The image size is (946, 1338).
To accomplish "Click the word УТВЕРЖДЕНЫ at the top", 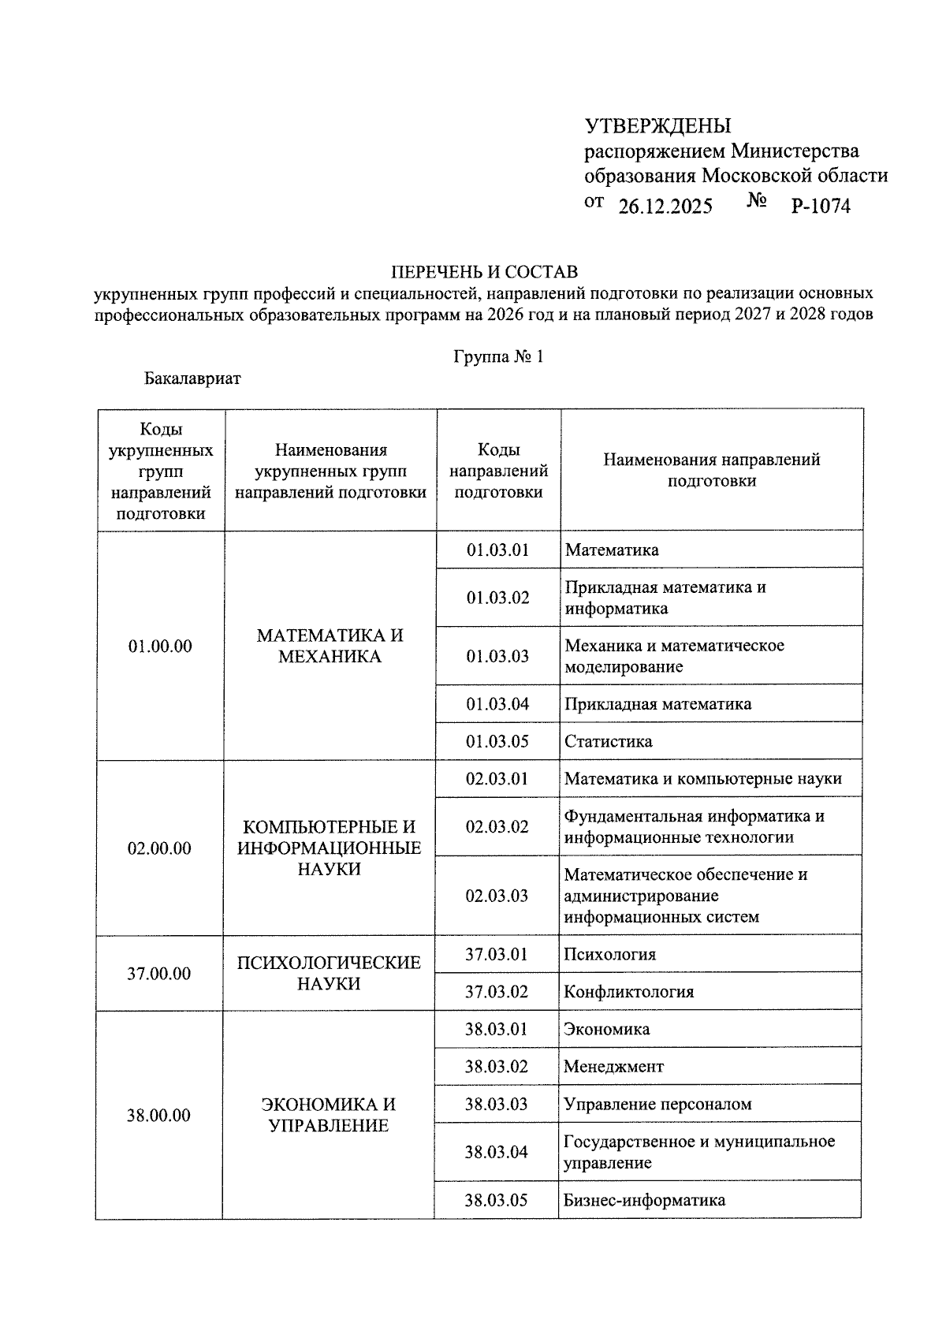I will pos(657,126).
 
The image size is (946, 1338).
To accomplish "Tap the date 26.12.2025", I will pos(665,207).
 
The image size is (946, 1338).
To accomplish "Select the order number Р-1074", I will pos(821,207).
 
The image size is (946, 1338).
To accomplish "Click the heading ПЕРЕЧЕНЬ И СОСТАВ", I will pos(485,273).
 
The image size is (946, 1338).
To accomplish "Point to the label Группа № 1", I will pos(498,356).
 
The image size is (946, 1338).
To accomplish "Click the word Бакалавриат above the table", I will pos(192,378).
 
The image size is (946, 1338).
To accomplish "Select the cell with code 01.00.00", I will pos(160,647).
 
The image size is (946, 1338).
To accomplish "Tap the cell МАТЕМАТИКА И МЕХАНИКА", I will pos(330,647).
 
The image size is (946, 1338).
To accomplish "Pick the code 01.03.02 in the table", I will pos(497,598).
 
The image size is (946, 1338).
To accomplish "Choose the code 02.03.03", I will pos(497,896).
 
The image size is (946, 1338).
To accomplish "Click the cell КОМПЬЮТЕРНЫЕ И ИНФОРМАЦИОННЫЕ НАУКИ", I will pos(329,848).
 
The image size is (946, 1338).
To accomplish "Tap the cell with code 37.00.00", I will pos(159,974).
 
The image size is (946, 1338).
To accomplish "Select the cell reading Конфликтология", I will pos(628,992).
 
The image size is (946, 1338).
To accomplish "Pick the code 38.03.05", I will pos(496,1201).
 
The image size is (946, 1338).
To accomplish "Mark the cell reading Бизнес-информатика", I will pos(644,1201).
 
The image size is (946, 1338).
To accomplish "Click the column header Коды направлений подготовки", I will pos(498,471).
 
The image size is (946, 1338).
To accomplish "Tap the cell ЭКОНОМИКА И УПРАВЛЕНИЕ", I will pos(328,1115).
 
